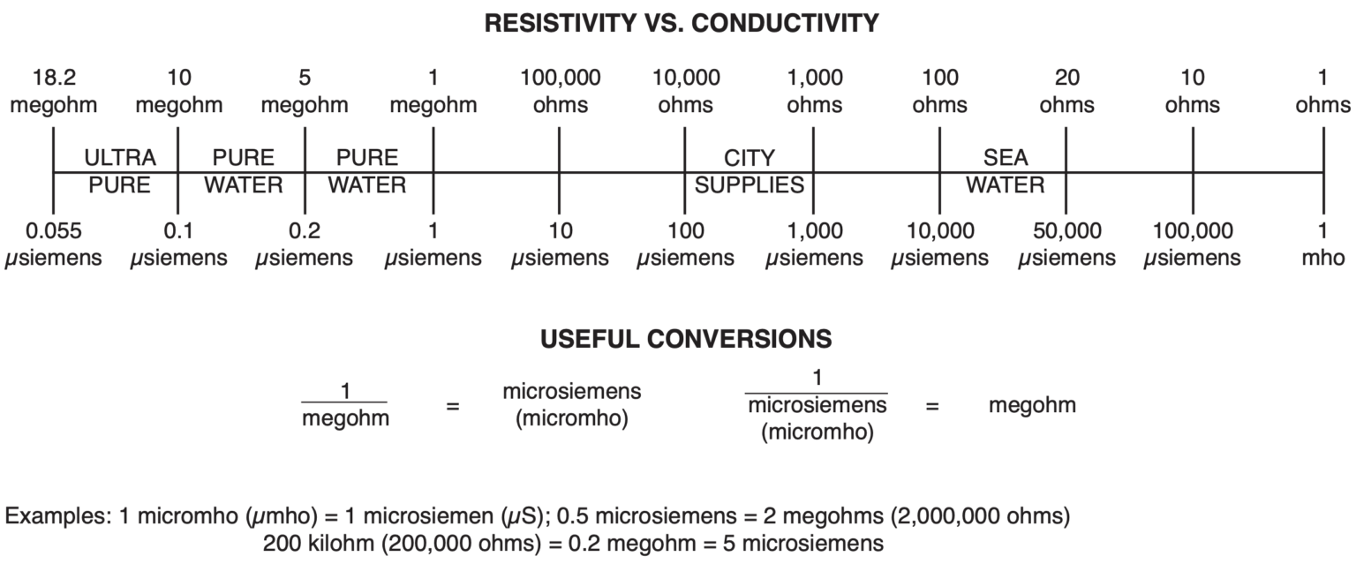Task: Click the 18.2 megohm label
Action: (x=53, y=92)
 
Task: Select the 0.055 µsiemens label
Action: (x=53, y=245)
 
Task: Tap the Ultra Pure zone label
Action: (x=119, y=172)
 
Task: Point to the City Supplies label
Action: (x=749, y=172)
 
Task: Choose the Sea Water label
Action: (x=1005, y=172)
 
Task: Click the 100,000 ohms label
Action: (x=560, y=92)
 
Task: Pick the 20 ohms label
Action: (x=1066, y=92)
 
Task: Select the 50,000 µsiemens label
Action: (x=1066, y=245)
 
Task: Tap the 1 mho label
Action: (x=1322, y=245)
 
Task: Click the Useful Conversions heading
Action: (x=686, y=340)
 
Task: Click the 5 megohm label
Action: (x=305, y=92)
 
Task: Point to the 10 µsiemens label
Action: (x=560, y=245)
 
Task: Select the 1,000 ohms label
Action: (x=814, y=92)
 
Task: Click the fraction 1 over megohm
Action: (x=344, y=405)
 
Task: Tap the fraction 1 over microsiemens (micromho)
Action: (x=816, y=405)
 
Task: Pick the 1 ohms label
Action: (x=1322, y=92)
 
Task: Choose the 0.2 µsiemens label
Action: (x=305, y=245)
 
